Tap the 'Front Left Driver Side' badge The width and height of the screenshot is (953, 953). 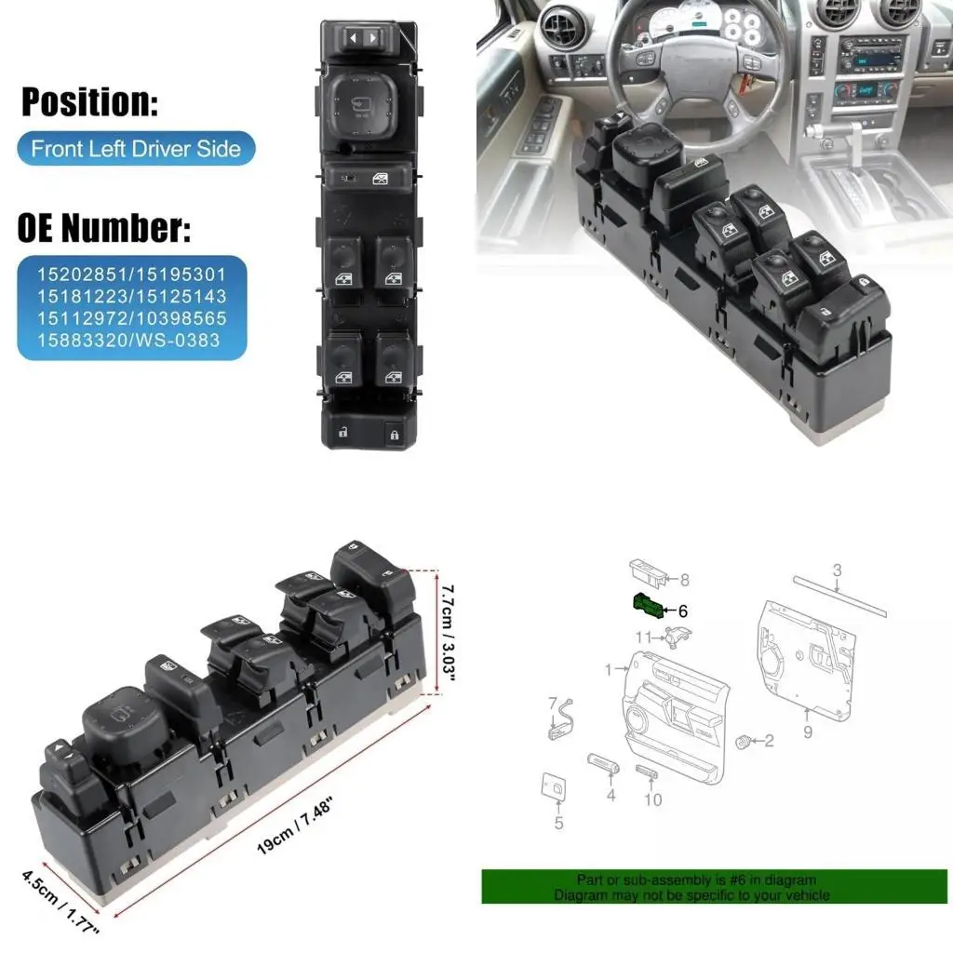136,149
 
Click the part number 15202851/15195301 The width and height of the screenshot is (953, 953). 131,276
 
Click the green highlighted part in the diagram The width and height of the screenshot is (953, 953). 648,605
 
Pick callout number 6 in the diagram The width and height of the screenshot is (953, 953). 682,611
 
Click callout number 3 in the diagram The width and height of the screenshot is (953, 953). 837,570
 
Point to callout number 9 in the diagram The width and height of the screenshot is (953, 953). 808,732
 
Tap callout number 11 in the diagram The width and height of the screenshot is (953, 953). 643,638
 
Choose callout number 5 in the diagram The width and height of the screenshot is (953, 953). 558,823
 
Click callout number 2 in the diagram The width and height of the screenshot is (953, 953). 769,741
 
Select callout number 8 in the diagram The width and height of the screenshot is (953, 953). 684,580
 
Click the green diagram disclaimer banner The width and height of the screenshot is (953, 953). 714,887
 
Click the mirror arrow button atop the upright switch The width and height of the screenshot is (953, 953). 362,38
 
